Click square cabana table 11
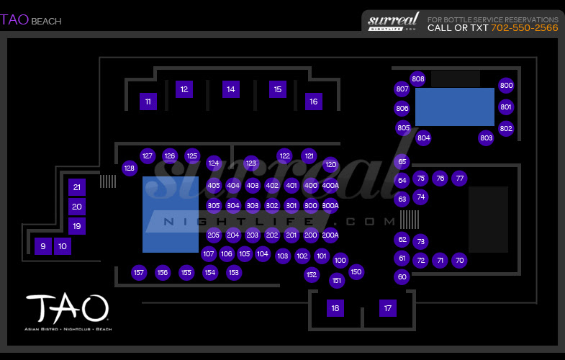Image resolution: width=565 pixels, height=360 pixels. (148, 102)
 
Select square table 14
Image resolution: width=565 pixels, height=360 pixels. (230, 89)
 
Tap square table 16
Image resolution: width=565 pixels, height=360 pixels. (313, 102)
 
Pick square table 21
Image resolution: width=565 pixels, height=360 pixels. (77, 187)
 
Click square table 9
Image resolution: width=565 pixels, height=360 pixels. (42, 246)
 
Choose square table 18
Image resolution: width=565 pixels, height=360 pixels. (335, 308)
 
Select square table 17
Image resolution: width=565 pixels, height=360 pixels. (388, 308)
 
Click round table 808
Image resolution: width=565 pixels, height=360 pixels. (418, 78)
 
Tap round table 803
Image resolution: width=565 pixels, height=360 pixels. (487, 138)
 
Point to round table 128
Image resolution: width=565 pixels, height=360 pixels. (130, 168)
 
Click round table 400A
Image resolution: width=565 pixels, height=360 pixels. (330, 185)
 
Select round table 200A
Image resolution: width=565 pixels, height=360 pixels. (330, 235)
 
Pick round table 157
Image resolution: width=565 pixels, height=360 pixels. (139, 272)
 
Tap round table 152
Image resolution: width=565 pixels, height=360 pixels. (311, 274)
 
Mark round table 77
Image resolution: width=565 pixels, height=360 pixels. (460, 178)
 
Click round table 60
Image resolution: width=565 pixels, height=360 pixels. (402, 276)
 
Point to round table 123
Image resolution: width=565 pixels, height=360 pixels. (250, 163)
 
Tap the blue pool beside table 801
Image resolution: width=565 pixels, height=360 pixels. (454, 107)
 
